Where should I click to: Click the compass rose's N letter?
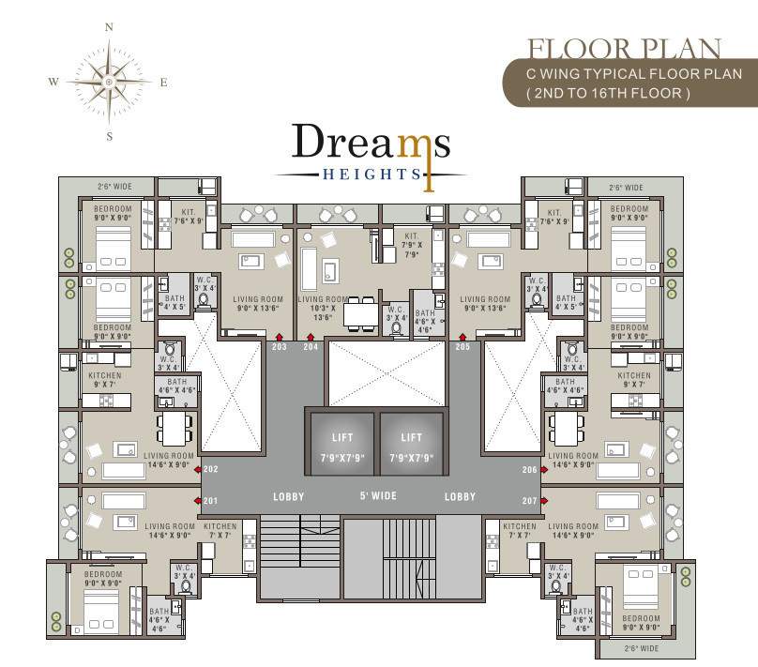point(109,28)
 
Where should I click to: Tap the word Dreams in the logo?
point(371,144)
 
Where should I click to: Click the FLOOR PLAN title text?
point(624,49)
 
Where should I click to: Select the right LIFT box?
point(411,447)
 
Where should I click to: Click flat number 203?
point(279,346)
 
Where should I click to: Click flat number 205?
point(462,346)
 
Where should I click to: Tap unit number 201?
point(210,500)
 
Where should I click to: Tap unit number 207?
point(531,500)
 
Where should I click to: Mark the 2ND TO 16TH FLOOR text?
point(608,93)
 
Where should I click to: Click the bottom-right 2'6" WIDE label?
point(642,647)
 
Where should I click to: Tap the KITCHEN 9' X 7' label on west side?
point(105,379)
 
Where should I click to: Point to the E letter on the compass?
point(163,83)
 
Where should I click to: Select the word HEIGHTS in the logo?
point(370,174)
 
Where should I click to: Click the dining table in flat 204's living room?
point(357,313)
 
